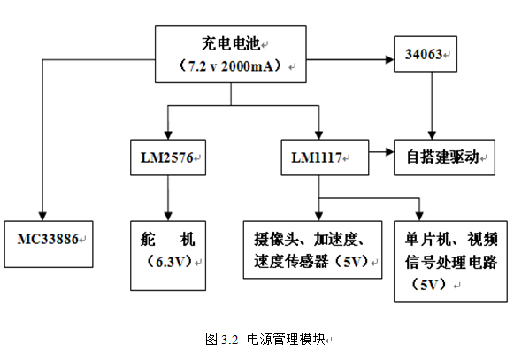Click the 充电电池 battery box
[230, 54]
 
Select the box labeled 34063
[426, 54]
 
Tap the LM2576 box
[168, 157]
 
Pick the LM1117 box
[325, 157]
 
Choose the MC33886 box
[49, 244]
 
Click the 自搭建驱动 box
[444, 157]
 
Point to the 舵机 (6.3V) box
[168, 256]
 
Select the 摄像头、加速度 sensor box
[312, 249]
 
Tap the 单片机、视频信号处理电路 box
[450, 261]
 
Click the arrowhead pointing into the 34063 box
[390, 59]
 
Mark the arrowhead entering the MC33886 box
[42, 217]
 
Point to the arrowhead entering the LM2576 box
[168, 135]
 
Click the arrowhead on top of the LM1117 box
[318, 135]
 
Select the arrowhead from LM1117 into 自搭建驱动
[390, 152]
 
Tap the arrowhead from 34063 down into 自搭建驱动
[432, 135]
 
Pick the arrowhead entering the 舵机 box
[168, 217]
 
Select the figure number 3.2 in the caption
[229, 340]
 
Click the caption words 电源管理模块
[286, 339]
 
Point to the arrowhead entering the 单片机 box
[419, 217]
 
